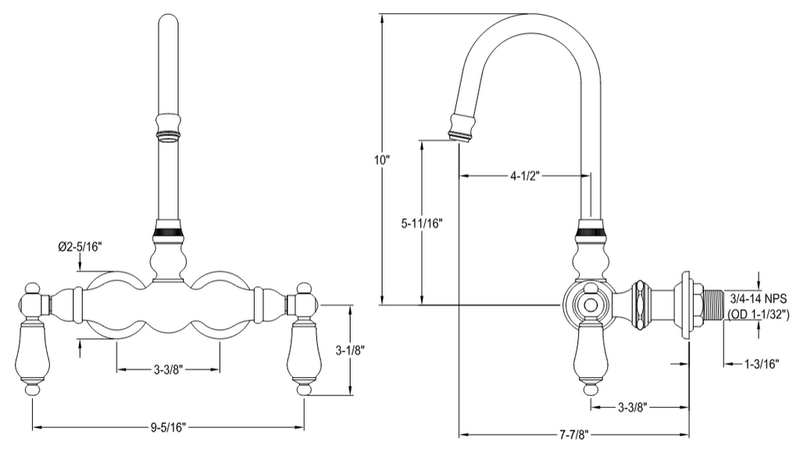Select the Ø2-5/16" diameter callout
coord(80,248)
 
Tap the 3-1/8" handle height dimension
coord(350,351)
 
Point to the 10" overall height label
coord(381,159)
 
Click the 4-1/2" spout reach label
coord(524,177)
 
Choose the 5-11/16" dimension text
coord(421,223)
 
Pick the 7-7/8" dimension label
coord(574,435)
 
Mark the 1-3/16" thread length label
coord(762,364)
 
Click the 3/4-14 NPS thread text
coord(758,298)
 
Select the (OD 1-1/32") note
coord(758,314)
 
